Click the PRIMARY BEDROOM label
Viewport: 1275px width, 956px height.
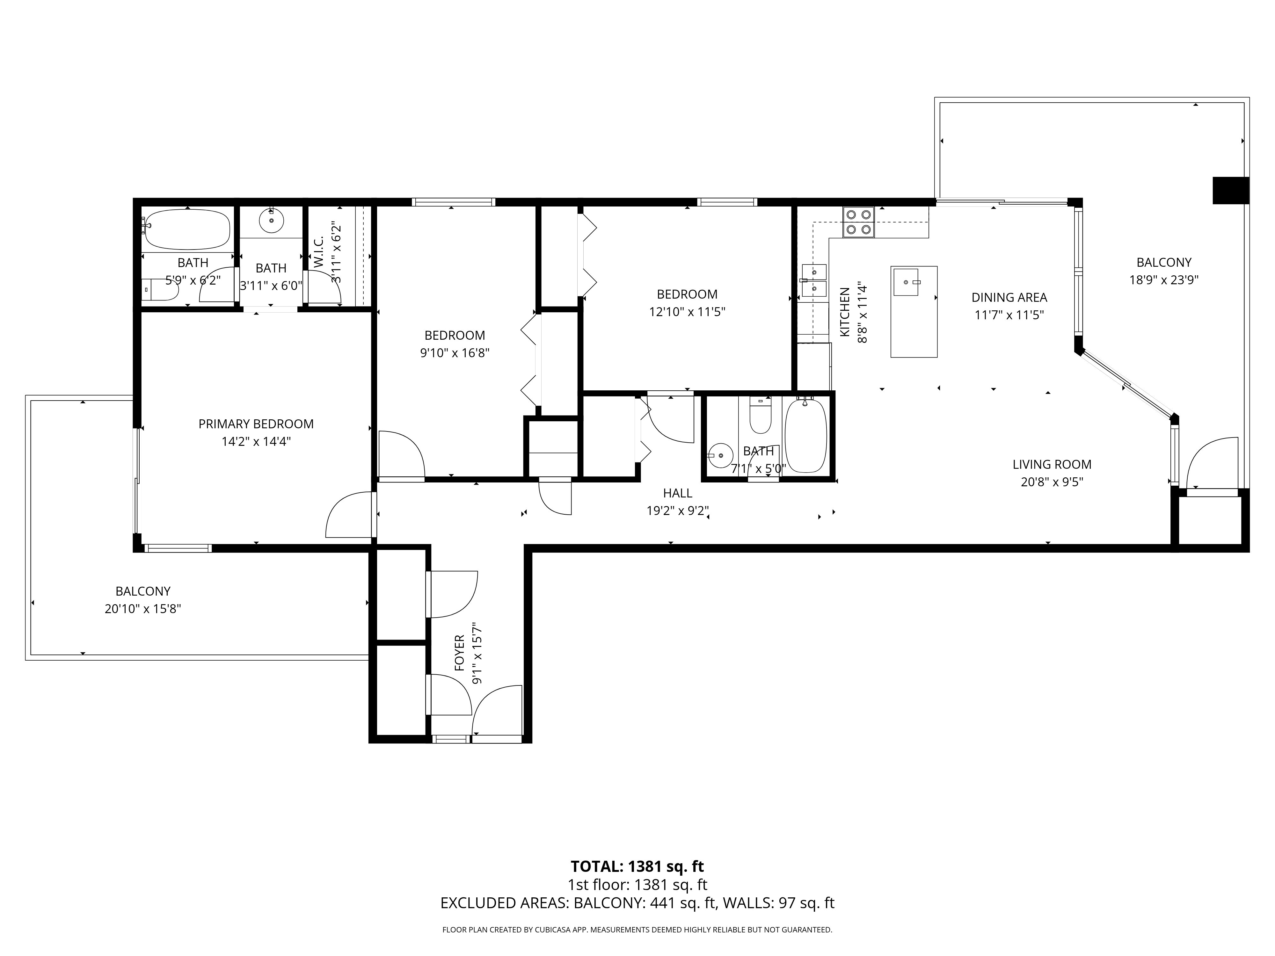[256, 424]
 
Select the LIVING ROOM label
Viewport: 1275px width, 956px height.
[1052, 465]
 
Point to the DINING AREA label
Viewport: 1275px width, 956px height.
[1009, 297]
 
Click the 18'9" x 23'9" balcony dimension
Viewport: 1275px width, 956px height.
[1164, 280]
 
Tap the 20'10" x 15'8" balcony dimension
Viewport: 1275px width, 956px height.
[143, 609]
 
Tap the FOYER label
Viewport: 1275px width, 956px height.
[459, 653]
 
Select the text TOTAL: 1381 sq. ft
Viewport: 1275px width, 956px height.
[637, 866]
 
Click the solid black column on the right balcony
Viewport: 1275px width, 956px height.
[1231, 190]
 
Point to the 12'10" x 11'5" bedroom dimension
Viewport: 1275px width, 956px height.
[687, 312]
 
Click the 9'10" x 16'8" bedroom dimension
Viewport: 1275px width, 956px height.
[455, 353]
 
